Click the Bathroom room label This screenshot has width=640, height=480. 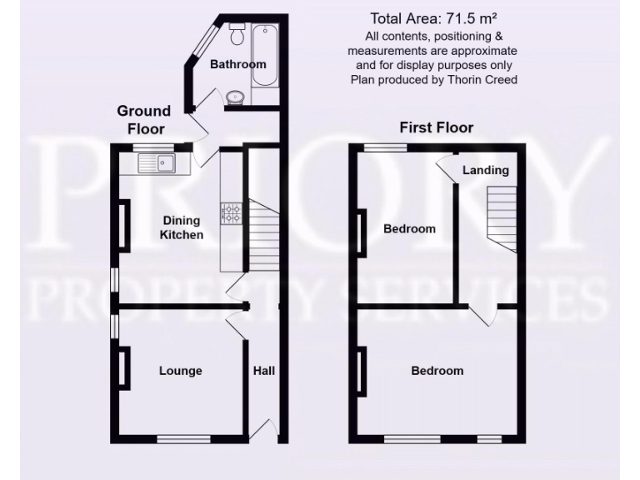(x=237, y=64)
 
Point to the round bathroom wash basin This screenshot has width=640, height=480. (x=237, y=97)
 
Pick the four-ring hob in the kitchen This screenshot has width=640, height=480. (x=231, y=214)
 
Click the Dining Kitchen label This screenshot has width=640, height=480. (x=182, y=228)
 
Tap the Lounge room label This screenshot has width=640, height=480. (x=181, y=371)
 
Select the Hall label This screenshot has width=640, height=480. (x=264, y=371)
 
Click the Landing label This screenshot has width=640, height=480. (x=485, y=170)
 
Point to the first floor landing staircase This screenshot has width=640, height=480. (x=502, y=217)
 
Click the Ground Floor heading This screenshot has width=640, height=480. (x=143, y=119)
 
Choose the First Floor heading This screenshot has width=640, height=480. (x=436, y=127)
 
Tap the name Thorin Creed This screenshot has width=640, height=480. (x=482, y=80)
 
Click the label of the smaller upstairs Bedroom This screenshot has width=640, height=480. (x=408, y=228)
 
